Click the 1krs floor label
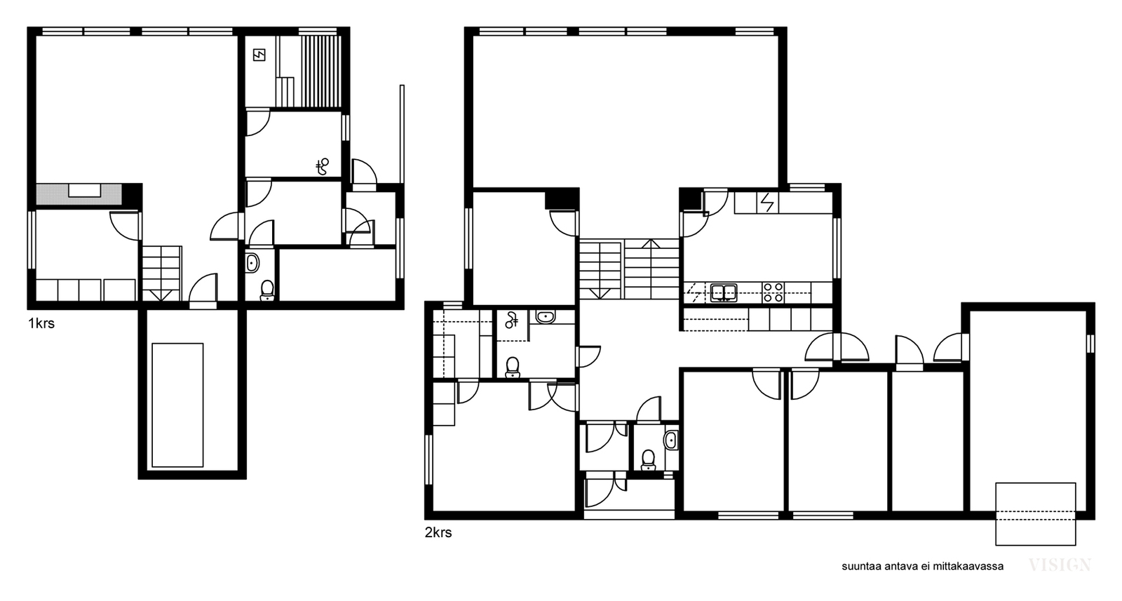(41, 323)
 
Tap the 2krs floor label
(438, 532)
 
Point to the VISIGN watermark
(1060, 565)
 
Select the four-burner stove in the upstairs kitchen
(773, 292)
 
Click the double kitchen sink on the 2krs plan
(723, 292)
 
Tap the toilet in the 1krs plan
(267, 290)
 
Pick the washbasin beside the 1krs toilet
(252, 262)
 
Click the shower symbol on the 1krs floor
(322, 166)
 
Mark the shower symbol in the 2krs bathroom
(511, 320)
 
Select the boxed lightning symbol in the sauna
(259, 55)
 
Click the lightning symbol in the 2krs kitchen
(767, 203)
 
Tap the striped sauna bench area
(320, 71)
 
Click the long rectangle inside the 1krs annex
(178, 405)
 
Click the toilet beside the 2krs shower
(512, 367)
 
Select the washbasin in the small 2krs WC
(671, 440)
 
